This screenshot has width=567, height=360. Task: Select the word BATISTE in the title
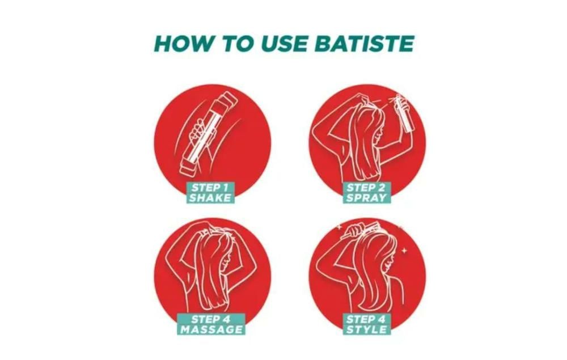364,44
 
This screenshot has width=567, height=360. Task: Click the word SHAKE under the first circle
210,198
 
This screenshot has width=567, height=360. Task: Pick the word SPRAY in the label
366,198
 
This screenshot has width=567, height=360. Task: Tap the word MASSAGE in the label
211,329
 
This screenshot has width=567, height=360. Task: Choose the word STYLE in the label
366,329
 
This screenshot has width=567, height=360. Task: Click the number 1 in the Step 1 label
225,188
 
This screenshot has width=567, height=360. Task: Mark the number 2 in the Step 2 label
383,188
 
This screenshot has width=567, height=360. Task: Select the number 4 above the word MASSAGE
226,319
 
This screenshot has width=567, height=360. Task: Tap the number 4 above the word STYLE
382,319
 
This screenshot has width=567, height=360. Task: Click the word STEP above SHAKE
205,188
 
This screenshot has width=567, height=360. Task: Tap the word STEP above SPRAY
361,188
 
